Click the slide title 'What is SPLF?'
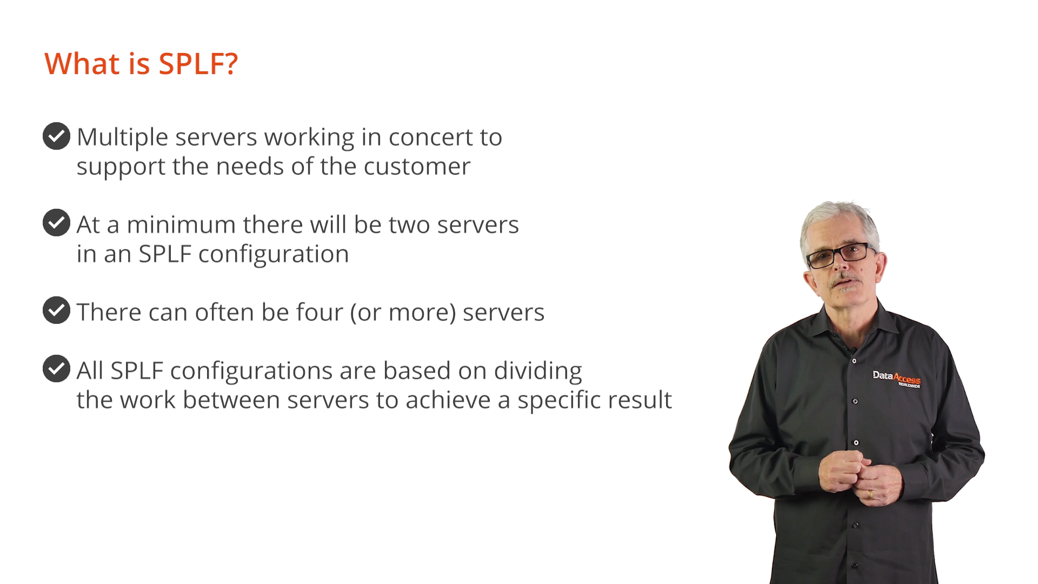point(141,64)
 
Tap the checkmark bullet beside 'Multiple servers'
point(56,136)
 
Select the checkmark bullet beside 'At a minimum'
point(56,223)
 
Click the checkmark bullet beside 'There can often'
point(56,310)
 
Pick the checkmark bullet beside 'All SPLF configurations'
point(56,369)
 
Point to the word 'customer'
point(417,167)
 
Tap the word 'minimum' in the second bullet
point(181,224)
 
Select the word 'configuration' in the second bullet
point(274,255)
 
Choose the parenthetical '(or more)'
point(403,313)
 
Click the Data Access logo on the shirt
point(896,379)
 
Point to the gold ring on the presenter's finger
point(870,494)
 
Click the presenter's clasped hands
point(860,476)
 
